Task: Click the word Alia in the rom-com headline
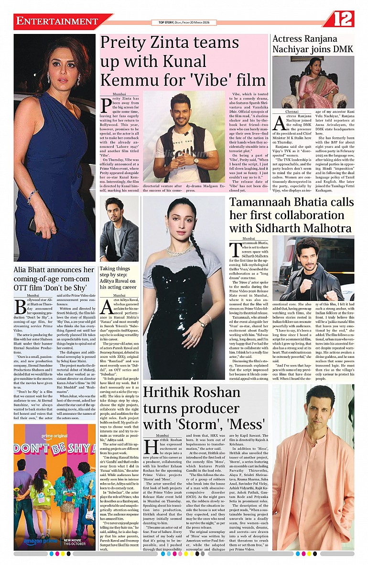coord(23,271)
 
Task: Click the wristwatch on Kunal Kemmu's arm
coord(195,160)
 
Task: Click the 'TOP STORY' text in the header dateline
coord(161,22)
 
